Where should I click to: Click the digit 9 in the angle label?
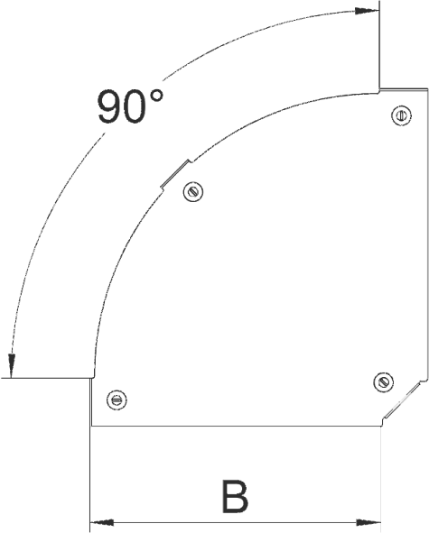109,107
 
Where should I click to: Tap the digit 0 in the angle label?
136,107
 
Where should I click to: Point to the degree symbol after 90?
157,96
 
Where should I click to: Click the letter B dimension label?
235,496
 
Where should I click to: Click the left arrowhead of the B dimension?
102,522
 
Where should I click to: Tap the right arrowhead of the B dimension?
368,522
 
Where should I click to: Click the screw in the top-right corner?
401,115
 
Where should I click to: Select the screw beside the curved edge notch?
193,192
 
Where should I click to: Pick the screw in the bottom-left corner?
117,400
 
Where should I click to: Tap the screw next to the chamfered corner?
383,382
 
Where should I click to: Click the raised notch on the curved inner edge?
175,174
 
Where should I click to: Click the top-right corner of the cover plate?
427,88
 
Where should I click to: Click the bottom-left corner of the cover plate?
91,426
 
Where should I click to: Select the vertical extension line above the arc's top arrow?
379,46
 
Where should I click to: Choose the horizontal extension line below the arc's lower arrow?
47,378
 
